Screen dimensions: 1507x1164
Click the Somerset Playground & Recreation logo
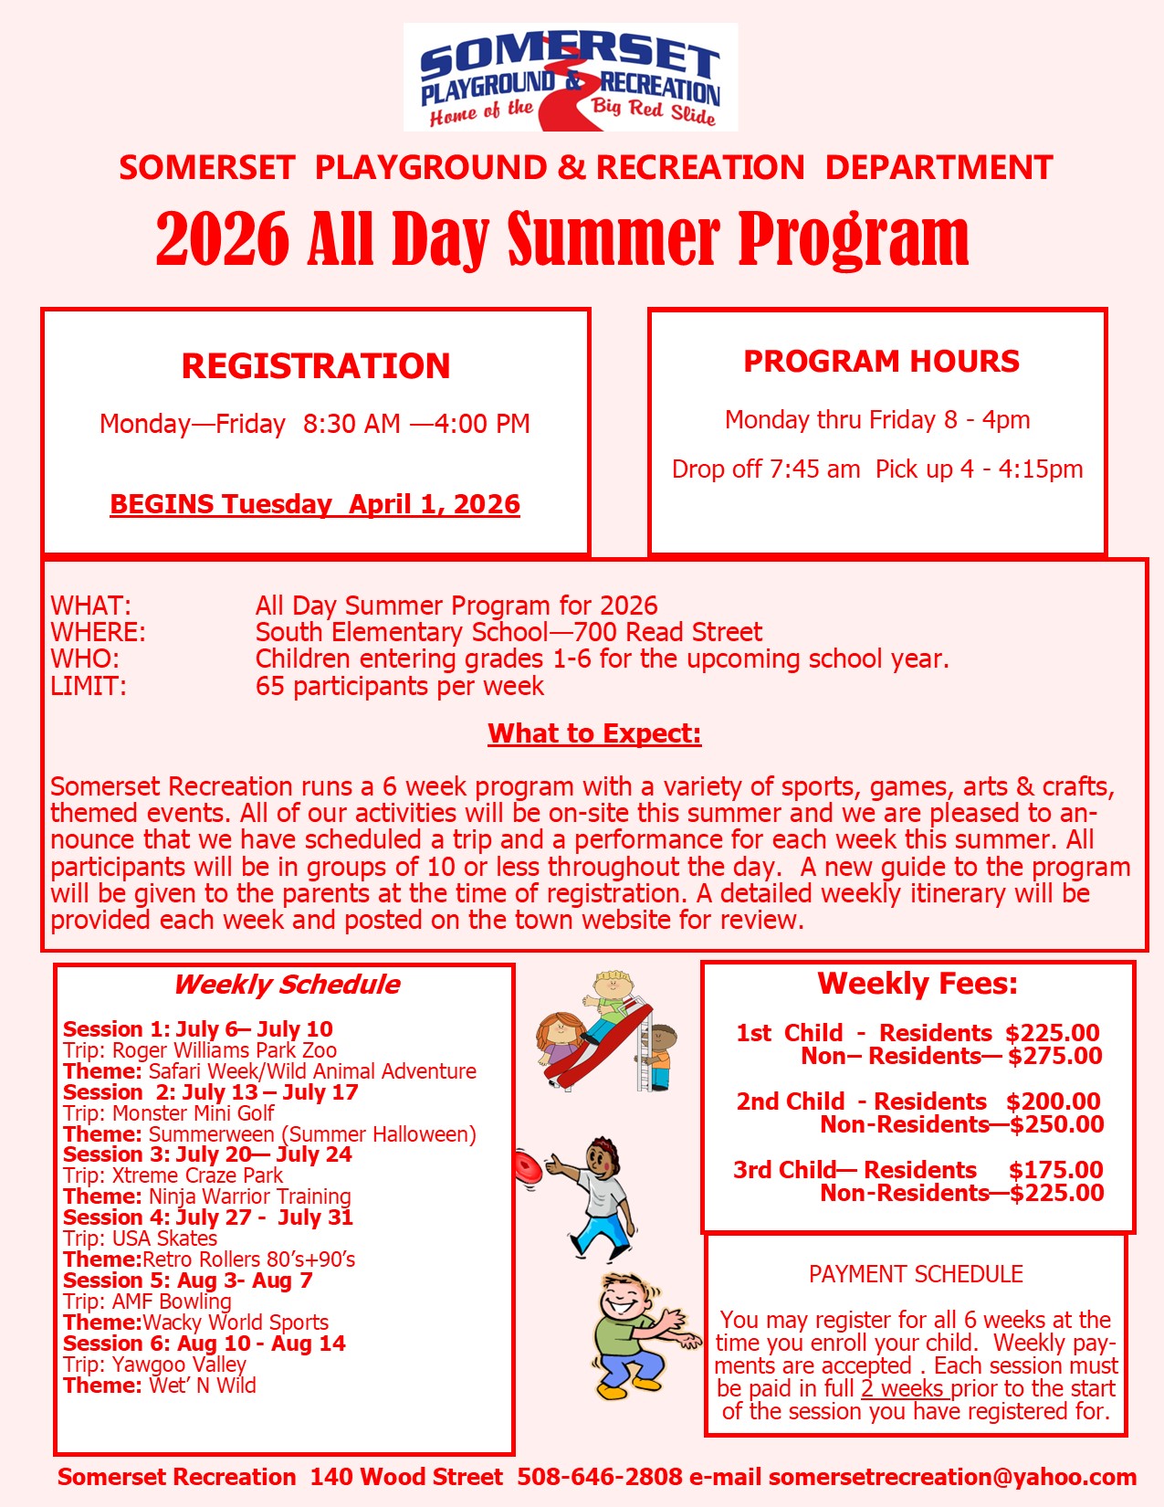click(x=571, y=78)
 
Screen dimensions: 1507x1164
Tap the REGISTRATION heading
click(x=316, y=365)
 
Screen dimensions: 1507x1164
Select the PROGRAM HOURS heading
click(x=881, y=361)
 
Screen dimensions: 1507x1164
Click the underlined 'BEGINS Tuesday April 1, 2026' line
click(x=315, y=504)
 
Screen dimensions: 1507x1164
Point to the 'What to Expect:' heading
click(x=594, y=733)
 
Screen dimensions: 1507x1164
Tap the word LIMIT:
click(x=89, y=686)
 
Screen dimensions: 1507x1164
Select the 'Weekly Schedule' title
click(x=287, y=984)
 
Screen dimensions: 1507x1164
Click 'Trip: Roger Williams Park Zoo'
click(x=200, y=1050)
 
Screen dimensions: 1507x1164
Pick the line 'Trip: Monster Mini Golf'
click(x=169, y=1113)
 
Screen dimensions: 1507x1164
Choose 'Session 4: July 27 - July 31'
click(x=207, y=1217)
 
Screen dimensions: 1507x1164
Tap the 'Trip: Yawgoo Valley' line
click(x=155, y=1365)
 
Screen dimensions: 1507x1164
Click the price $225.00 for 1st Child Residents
click(x=1053, y=1033)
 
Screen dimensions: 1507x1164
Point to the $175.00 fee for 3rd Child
click(x=1055, y=1170)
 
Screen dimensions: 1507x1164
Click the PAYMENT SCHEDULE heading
click(x=916, y=1274)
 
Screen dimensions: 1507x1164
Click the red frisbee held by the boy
click(x=527, y=1167)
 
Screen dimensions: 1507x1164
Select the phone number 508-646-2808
click(x=600, y=1477)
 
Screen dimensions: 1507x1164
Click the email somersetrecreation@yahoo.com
click(x=952, y=1477)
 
